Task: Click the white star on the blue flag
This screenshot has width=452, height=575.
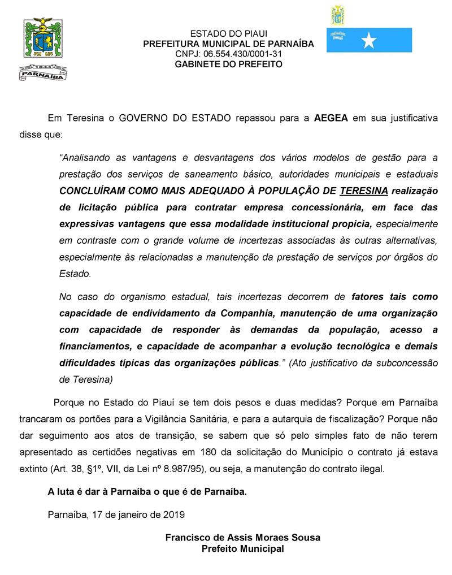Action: pyautogui.click(x=368, y=40)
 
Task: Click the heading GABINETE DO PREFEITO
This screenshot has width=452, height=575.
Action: pyautogui.click(x=229, y=64)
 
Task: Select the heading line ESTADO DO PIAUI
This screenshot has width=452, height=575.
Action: pyautogui.click(x=229, y=34)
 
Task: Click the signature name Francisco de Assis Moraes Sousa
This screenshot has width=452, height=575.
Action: pyautogui.click(x=243, y=538)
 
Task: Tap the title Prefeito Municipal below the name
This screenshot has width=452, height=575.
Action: pyautogui.click(x=243, y=548)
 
